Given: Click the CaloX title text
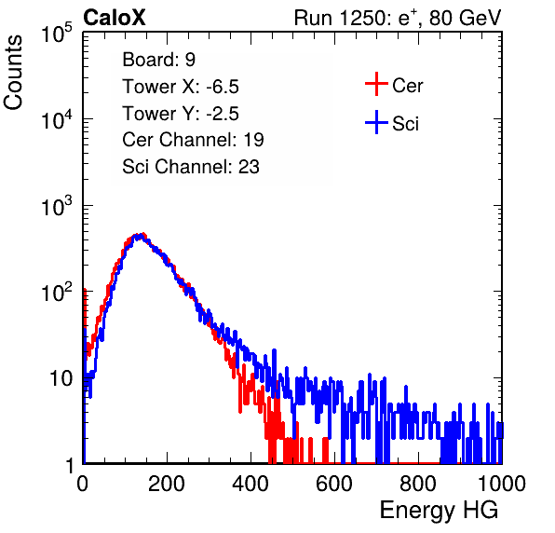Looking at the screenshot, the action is click(x=115, y=18).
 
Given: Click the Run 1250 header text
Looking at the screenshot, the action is click(x=398, y=18).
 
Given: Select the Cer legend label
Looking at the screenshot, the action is click(x=407, y=86).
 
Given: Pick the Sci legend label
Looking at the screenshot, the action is click(x=406, y=124).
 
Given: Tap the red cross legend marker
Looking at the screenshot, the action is click(x=376, y=84).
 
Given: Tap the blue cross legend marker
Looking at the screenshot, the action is click(x=376, y=122).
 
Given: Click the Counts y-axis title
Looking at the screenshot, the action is click(x=13, y=72).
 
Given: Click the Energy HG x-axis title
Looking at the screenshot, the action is click(x=439, y=511).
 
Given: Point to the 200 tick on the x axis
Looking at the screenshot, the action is click(x=167, y=484).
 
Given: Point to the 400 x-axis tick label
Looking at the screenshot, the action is click(x=250, y=484).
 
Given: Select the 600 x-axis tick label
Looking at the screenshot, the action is click(x=334, y=484).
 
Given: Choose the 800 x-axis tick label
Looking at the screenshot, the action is click(x=418, y=484).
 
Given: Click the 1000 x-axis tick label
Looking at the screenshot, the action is click(x=502, y=484).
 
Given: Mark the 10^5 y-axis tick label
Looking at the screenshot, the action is click(x=57, y=34).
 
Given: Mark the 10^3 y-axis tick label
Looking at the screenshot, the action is click(x=57, y=206).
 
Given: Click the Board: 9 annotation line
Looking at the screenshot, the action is click(x=159, y=60).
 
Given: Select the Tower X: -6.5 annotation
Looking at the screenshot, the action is click(x=181, y=87).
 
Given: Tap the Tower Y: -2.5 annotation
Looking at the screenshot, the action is click(x=181, y=114).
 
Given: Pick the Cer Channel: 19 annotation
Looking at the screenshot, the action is click(x=193, y=140).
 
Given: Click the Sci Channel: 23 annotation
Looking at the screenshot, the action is click(x=191, y=167).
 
